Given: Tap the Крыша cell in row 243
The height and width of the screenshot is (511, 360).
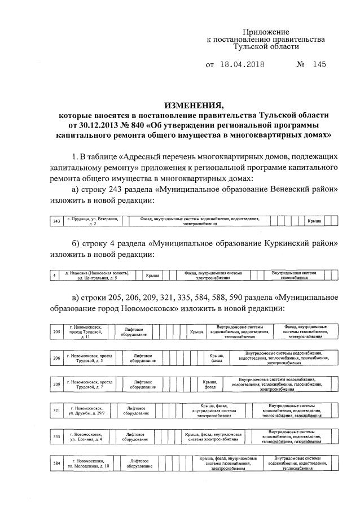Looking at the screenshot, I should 314,221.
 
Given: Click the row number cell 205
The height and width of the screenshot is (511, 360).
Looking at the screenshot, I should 56,331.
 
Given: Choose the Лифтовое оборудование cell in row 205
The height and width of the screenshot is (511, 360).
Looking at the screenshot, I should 134,331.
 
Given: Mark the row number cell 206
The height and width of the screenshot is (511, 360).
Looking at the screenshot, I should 56,359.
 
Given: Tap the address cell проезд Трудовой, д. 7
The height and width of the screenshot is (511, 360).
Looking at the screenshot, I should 90,386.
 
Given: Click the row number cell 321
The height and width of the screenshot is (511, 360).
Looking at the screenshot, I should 56,410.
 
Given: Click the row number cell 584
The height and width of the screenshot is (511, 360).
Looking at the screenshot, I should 56,463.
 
